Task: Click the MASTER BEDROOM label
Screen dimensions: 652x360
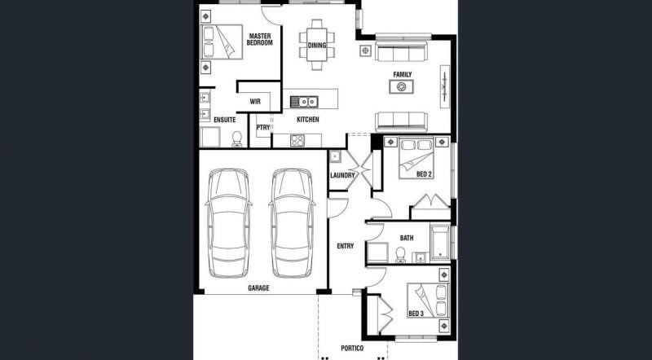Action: click(259, 39)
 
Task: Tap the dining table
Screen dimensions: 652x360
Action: click(317, 45)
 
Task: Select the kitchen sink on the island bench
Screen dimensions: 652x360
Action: click(304, 102)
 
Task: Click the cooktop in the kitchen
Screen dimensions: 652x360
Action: click(297, 141)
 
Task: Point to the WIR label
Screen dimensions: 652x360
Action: click(255, 102)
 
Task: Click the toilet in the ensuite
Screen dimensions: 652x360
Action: click(236, 139)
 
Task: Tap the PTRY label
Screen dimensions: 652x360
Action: click(263, 128)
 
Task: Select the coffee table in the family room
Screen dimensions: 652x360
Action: click(401, 86)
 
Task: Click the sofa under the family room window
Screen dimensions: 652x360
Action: click(401, 50)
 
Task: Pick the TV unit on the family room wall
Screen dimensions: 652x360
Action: click(445, 86)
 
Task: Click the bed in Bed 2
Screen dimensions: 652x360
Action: click(416, 158)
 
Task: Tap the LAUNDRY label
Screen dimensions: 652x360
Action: click(342, 175)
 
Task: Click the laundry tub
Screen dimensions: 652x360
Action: click(335, 156)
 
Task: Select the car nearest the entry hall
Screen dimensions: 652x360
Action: click(292, 223)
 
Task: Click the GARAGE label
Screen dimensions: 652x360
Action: click(258, 288)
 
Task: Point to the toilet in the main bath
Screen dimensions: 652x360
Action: click(400, 255)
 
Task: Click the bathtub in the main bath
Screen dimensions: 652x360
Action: click(440, 243)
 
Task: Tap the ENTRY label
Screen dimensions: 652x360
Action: click(345, 246)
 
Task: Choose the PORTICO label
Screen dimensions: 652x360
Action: click(352, 349)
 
